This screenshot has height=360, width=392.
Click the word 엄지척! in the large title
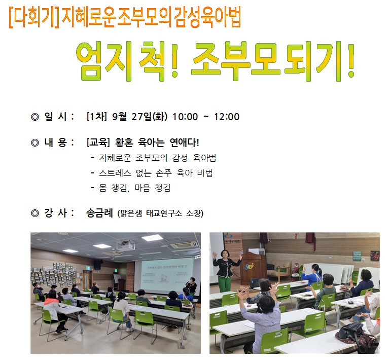[x=127, y=62]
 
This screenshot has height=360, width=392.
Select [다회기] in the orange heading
[x=34, y=18]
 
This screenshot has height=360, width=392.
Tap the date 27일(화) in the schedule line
[x=150, y=117]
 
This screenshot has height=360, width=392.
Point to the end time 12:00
[x=227, y=117]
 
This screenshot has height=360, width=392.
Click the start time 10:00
[x=185, y=117]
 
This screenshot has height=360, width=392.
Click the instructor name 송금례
[x=99, y=213]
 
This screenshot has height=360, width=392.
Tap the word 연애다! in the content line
[x=184, y=142]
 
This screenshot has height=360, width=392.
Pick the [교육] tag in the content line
[x=98, y=142]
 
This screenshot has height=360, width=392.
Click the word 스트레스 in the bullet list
[x=115, y=173]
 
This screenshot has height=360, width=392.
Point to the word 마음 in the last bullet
[x=142, y=188]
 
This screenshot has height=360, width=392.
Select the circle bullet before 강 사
[x=35, y=213]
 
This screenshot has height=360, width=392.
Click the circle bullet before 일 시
[x=35, y=117]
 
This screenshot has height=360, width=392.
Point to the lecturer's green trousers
[x=225, y=283]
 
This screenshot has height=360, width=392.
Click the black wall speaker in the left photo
[x=97, y=265]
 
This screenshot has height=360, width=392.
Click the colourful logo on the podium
[x=249, y=266]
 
